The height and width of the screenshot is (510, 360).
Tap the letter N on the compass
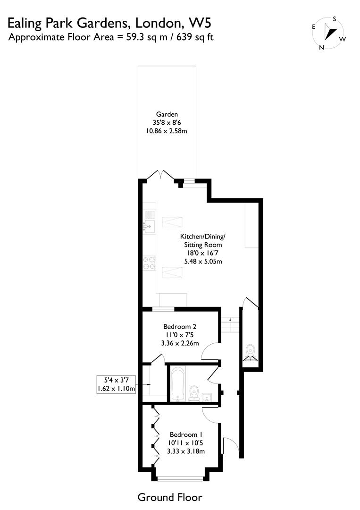point(321,47)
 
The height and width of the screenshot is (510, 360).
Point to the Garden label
point(167,114)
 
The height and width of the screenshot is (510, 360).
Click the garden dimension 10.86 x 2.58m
point(167,130)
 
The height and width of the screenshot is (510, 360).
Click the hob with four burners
point(149,263)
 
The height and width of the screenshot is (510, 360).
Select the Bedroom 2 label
point(180,326)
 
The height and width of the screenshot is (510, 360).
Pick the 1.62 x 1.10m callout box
point(116,384)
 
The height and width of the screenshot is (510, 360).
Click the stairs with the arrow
point(230,325)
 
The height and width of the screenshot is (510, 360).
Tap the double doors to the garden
point(161,175)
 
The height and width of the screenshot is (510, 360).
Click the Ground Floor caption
point(170,497)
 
